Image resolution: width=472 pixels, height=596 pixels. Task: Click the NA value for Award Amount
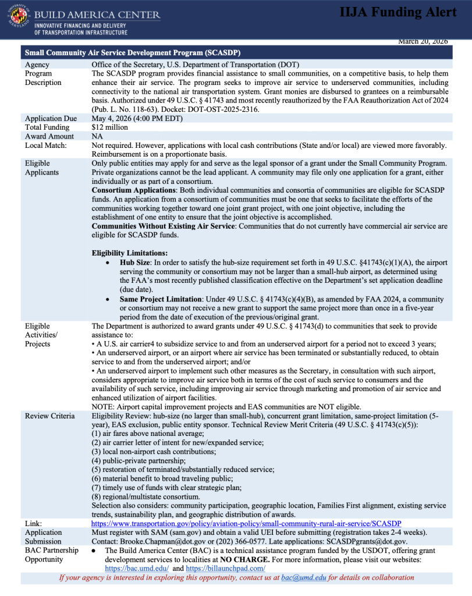(x=97, y=136)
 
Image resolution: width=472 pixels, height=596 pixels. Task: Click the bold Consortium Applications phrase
(x=136, y=190)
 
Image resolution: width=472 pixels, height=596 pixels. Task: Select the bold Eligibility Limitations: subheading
(x=130, y=253)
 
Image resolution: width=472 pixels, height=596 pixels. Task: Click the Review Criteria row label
(x=49, y=416)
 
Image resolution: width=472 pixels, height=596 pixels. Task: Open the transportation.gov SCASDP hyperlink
(x=246, y=524)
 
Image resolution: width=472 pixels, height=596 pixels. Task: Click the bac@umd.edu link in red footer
(x=296, y=578)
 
